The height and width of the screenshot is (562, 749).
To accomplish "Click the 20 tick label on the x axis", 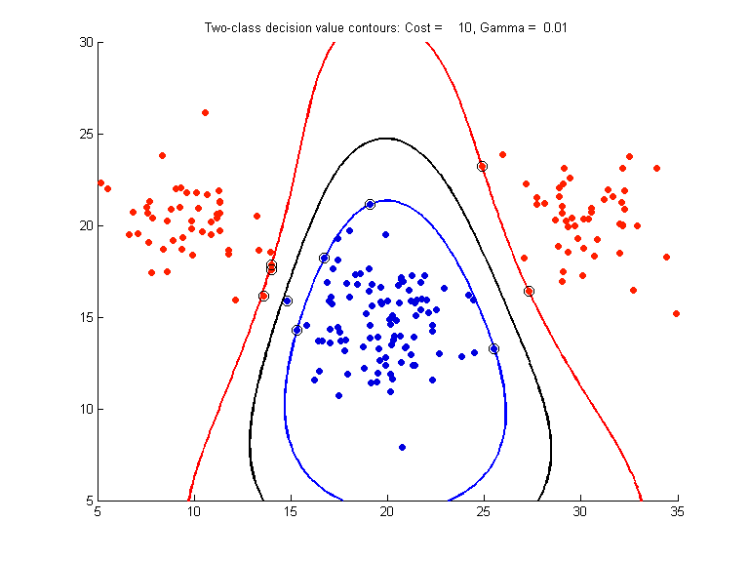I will point(387,510).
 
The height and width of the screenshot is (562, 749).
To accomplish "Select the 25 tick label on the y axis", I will point(86,134).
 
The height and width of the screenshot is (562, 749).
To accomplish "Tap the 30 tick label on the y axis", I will point(86,42).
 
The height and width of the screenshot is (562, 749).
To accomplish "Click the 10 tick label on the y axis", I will point(86,409).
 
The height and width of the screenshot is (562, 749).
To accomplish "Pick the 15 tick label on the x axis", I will point(291,510).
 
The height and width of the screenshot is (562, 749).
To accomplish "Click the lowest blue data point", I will point(402,447).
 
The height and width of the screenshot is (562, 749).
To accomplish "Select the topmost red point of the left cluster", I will point(205,112).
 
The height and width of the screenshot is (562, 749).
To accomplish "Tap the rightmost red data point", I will point(676,313).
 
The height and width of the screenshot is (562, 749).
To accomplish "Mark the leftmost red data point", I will point(100,182).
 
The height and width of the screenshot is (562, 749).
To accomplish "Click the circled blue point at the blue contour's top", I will point(370,204).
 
